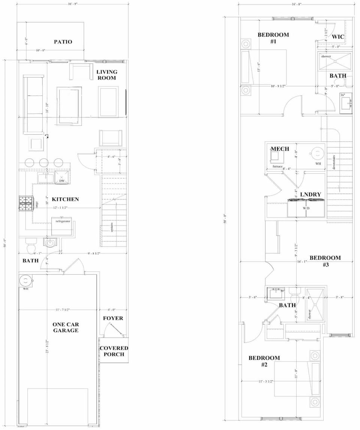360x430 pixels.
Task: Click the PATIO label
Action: (63, 42)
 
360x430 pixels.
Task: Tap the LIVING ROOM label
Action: (106, 75)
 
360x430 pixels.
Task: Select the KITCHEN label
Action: (65, 199)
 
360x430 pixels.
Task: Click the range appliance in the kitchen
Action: (26, 203)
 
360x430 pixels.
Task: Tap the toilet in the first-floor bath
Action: (30, 247)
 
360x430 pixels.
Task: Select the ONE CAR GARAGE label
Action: (66, 327)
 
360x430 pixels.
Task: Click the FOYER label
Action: (113, 318)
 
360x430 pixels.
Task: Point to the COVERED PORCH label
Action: (114, 351)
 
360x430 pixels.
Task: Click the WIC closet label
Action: (338, 37)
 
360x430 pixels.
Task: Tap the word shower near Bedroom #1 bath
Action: (326, 57)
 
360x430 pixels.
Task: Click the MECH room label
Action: (280, 149)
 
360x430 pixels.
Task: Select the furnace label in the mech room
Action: (277, 166)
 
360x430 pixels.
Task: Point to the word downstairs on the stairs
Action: (334, 163)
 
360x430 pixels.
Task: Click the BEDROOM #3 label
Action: (325, 261)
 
